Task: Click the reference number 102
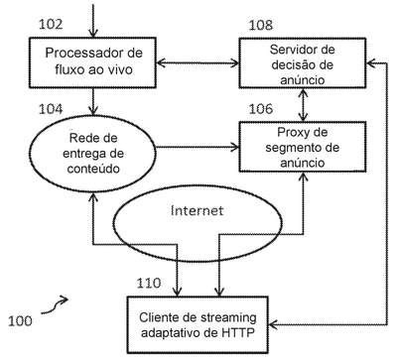51,24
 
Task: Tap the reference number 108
261,25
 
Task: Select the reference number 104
51,109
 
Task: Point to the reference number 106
261,109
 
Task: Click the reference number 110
149,283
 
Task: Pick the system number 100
20,320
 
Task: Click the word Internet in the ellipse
198,210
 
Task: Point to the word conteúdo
93,169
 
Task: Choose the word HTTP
237,332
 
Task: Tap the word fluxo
66,69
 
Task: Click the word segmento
293,148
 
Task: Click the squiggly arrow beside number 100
55,304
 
